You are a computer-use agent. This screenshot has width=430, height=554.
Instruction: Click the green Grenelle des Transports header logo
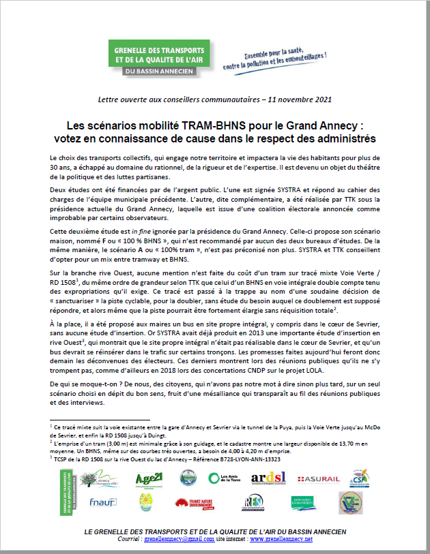click(x=159, y=59)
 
